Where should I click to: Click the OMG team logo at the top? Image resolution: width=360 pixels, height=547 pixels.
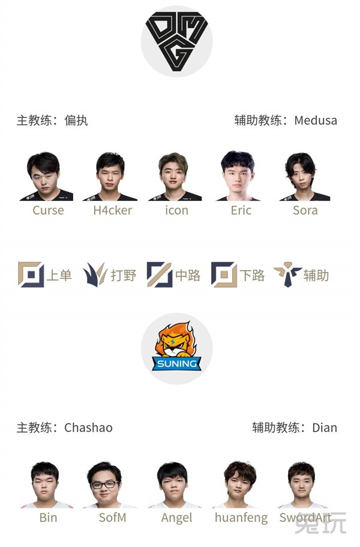pyautogui.click(x=176, y=41)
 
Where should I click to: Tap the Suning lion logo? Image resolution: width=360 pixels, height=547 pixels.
pyautogui.click(x=176, y=348)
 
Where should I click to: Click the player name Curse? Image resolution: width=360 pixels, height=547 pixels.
pyautogui.click(x=48, y=211)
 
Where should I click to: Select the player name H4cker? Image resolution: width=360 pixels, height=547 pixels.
pyautogui.click(x=112, y=211)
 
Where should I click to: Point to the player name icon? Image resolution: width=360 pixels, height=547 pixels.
pyautogui.click(x=176, y=211)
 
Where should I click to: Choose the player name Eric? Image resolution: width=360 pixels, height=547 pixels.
pyautogui.click(x=241, y=211)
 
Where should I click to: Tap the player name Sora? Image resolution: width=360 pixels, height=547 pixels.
pyautogui.click(x=305, y=211)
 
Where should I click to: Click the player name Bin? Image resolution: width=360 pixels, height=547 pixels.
pyautogui.click(x=48, y=517)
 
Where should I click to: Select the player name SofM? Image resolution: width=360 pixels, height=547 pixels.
pyautogui.click(x=112, y=517)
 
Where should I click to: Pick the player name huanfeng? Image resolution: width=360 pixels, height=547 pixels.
pyautogui.click(x=241, y=517)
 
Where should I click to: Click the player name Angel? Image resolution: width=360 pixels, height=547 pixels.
pyautogui.click(x=176, y=517)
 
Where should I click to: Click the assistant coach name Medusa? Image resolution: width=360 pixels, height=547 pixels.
pyautogui.click(x=315, y=120)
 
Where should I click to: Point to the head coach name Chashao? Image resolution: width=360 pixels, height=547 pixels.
pyautogui.click(x=88, y=428)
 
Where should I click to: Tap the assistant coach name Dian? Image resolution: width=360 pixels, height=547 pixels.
pyautogui.click(x=324, y=428)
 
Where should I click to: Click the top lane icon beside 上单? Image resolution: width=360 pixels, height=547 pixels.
pyautogui.click(x=31, y=275)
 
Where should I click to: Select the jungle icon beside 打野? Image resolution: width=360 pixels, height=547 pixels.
pyautogui.click(x=95, y=275)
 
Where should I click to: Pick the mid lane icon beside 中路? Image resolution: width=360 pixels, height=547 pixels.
pyautogui.click(x=159, y=275)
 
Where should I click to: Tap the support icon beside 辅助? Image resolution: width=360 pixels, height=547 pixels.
pyautogui.click(x=287, y=275)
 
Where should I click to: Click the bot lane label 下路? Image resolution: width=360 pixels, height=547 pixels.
pyautogui.click(x=252, y=275)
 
